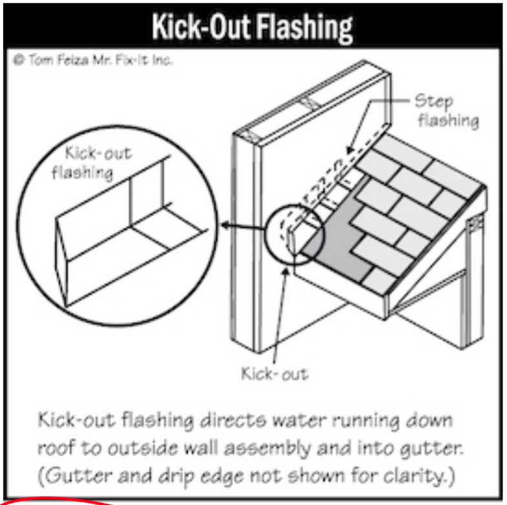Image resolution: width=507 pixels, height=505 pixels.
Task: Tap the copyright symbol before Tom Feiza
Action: click(x=17, y=60)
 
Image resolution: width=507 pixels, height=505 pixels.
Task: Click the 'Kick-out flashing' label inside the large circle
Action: click(x=97, y=163)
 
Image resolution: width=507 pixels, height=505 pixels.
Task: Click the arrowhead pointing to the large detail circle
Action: click(x=225, y=226)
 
